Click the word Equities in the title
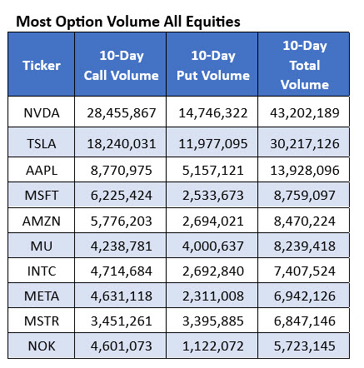pos(213,22)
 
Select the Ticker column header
pos(42,66)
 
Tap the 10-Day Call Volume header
pos(122,66)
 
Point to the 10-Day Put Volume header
pos(213,66)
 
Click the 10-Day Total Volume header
pos(305,65)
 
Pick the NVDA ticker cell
pos(42,113)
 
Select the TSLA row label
pos(42,144)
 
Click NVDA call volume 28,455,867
pos(122,113)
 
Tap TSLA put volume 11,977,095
pos(213,144)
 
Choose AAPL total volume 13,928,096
pos(305,171)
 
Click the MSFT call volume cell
pos(122,196)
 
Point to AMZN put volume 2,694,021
pos(213,221)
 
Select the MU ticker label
pos(42,246)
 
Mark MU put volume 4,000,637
pos(213,246)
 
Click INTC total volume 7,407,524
pos(305,271)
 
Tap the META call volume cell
pos(122,296)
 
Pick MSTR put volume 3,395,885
pos(213,321)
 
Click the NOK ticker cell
pos(42,346)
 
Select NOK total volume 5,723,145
pos(305,346)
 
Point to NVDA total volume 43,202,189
pos(305,113)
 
